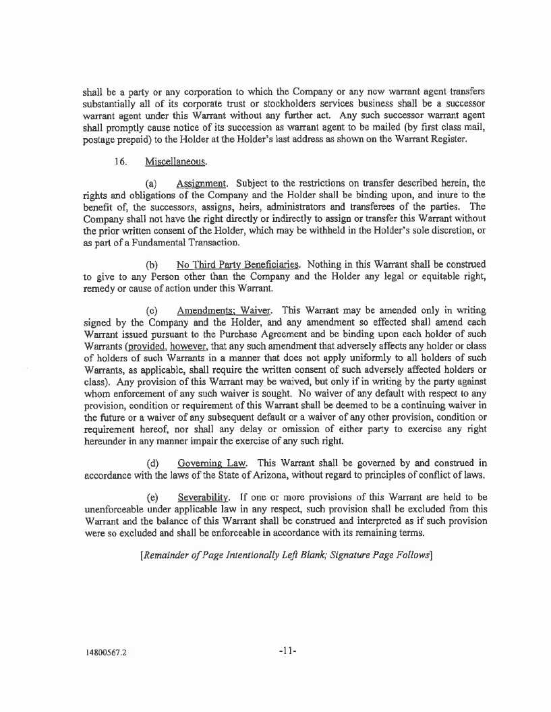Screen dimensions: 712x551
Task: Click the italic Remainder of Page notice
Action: point(285,555)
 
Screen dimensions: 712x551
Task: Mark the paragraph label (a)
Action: point(152,184)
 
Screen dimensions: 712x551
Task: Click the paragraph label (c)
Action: point(152,310)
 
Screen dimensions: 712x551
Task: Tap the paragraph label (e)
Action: point(152,498)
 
